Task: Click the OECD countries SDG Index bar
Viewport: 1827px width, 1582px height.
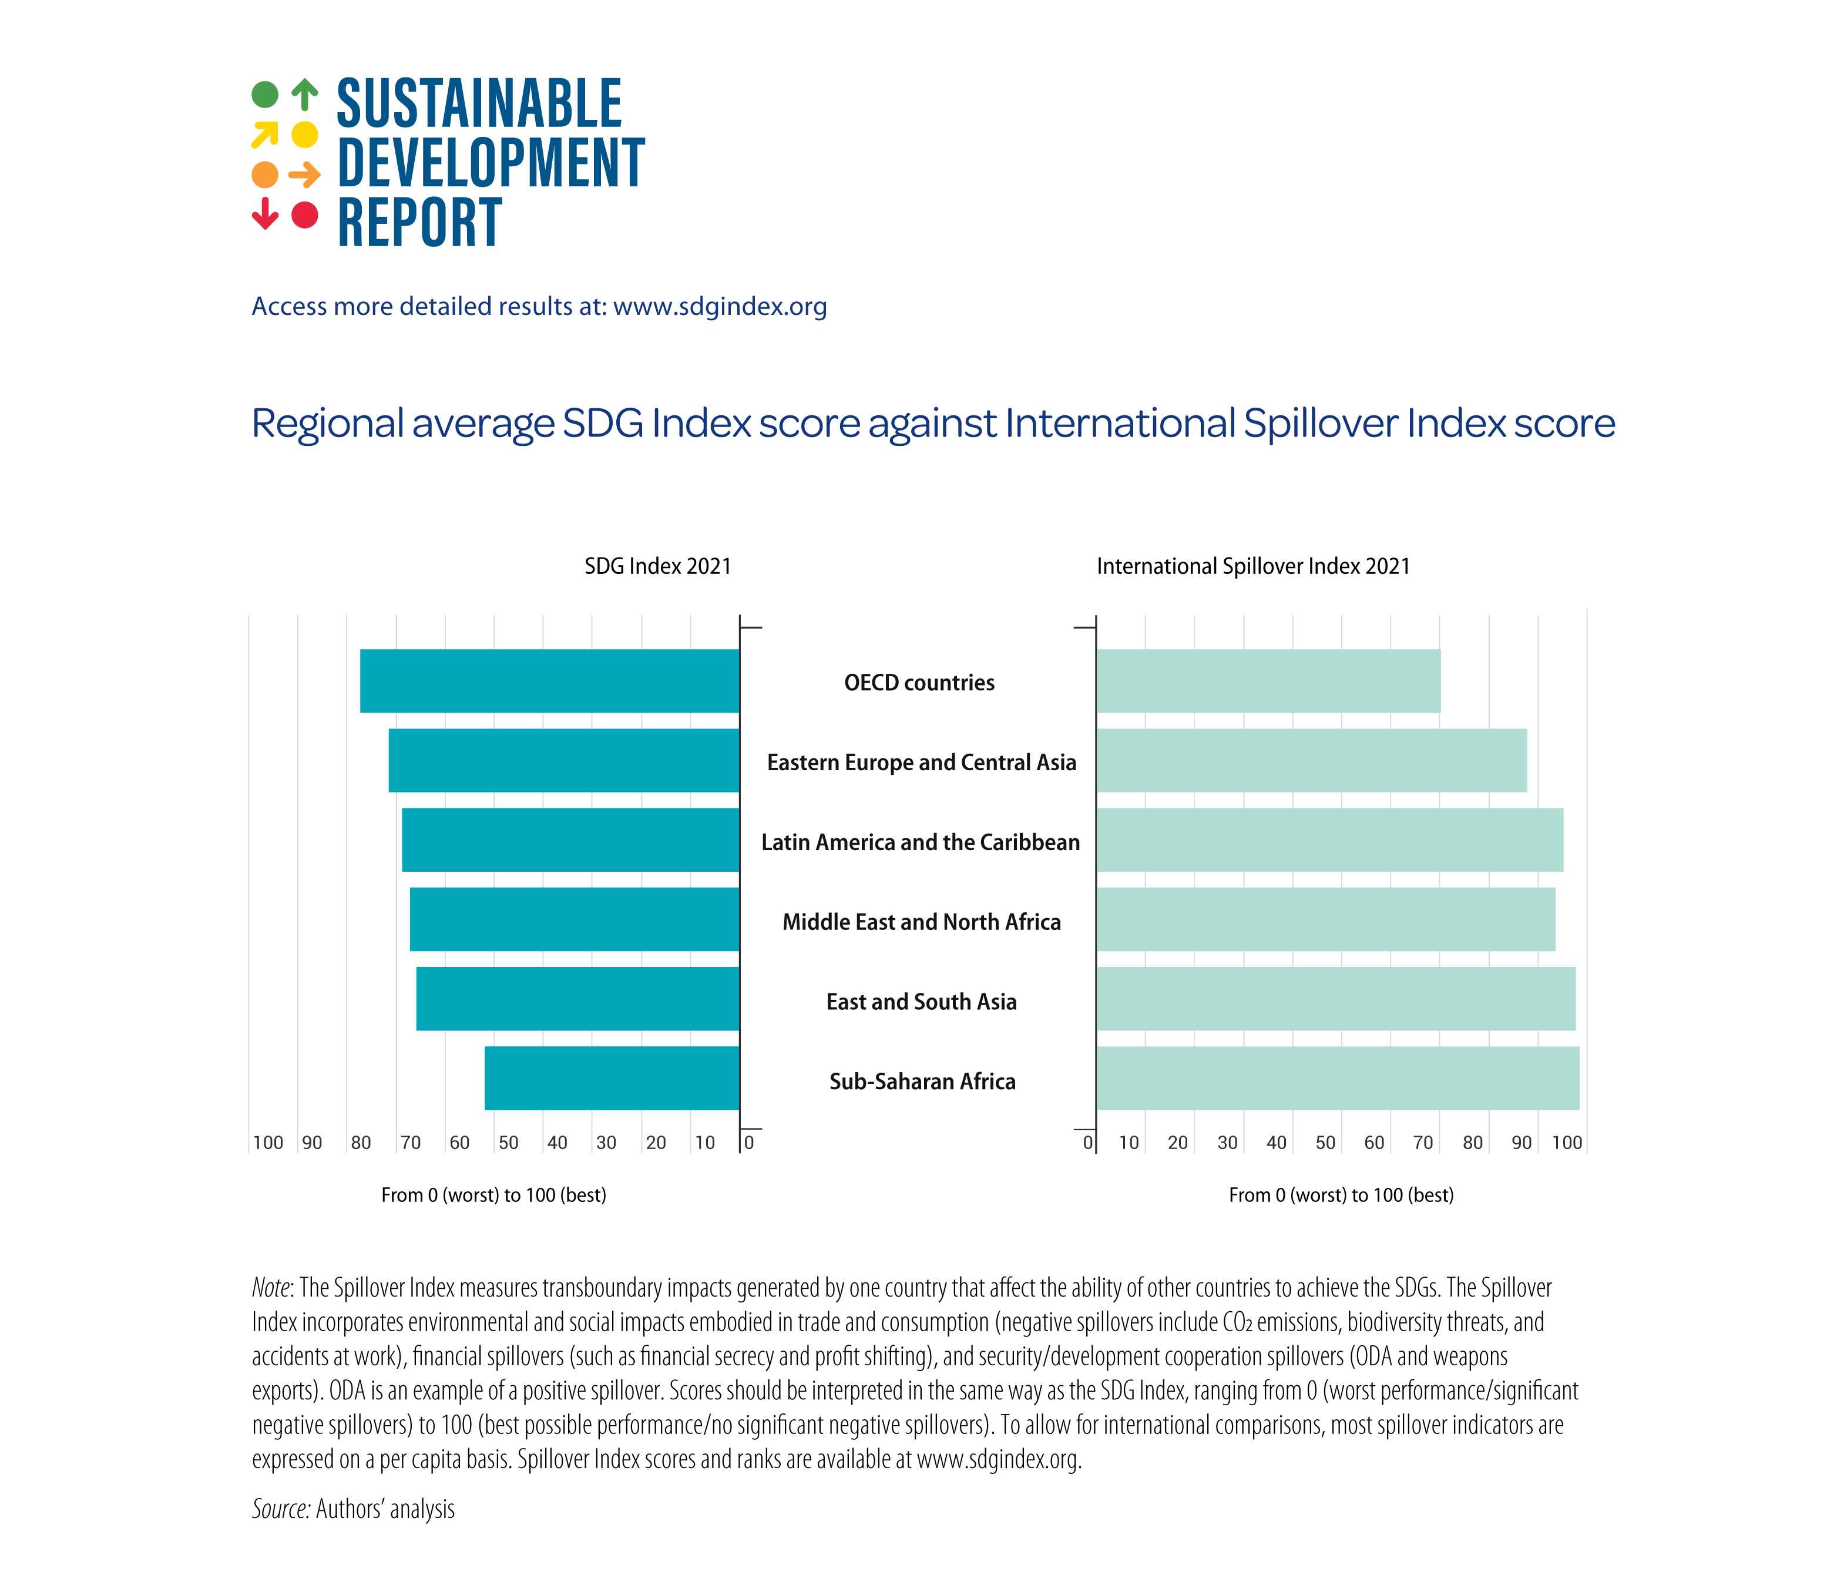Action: pos(549,681)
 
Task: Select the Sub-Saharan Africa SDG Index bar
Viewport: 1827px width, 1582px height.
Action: pos(612,1078)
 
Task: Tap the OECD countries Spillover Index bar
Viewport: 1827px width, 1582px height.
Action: pos(1268,681)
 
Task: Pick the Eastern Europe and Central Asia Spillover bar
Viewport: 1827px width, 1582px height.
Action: pos(1312,760)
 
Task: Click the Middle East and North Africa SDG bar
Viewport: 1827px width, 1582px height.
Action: pos(575,919)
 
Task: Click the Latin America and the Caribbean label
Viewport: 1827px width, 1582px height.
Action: pos(920,842)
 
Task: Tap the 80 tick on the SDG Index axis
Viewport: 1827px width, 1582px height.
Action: pos(361,1143)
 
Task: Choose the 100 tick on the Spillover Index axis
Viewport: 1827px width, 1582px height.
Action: pos(1567,1143)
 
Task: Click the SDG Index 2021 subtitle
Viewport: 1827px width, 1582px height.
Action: pos(657,566)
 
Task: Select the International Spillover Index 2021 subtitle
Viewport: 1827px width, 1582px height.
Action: pos(1252,566)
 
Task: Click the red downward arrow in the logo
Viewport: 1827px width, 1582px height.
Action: pos(265,214)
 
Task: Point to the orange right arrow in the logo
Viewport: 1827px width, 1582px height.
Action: pos(304,175)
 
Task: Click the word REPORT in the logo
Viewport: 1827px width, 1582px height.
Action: pos(419,223)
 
